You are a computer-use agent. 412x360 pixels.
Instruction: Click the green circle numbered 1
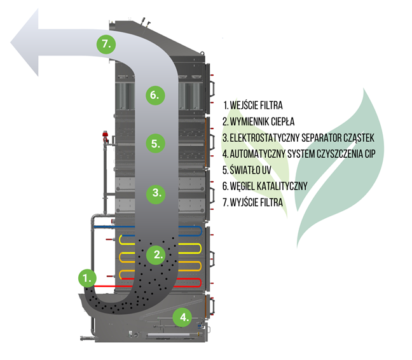[x=87, y=277]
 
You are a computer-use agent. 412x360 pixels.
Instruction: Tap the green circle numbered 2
[x=156, y=255]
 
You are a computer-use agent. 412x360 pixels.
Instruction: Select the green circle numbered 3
[x=156, y=191]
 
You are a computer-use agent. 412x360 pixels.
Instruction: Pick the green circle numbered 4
[x=183, y=315]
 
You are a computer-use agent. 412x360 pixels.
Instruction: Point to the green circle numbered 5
[x=156, y=143]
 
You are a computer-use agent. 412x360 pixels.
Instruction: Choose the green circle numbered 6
[x=155, y=96]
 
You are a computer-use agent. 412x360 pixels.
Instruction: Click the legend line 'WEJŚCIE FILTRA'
[x=252, y=105]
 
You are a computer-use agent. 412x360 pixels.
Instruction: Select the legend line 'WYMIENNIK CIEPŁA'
[x=258, y=121]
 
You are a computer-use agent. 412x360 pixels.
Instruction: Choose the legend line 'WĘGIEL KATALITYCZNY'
[x=265, y=186]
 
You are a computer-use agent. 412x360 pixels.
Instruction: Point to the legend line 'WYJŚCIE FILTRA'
[x=252, y=203]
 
